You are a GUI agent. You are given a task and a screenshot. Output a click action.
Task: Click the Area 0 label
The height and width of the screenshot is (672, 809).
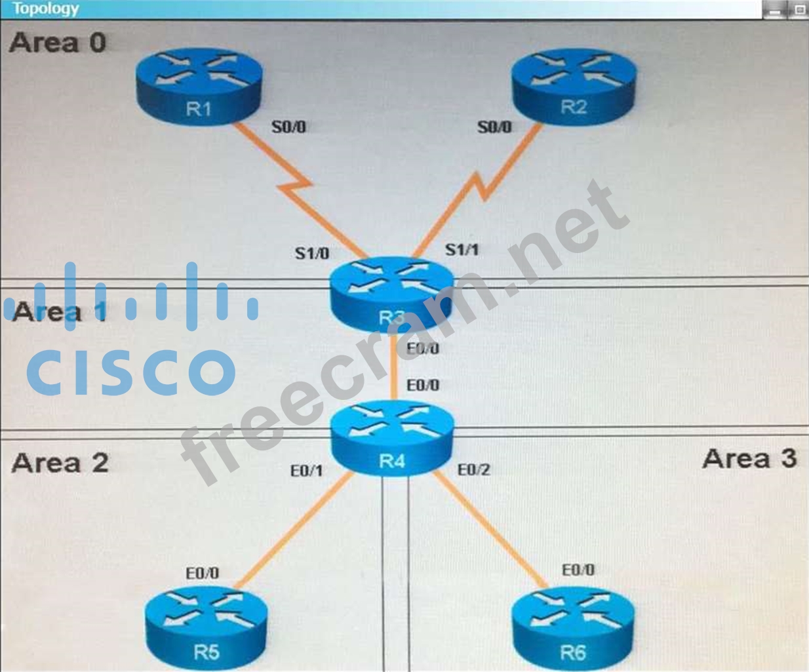coord(58,43)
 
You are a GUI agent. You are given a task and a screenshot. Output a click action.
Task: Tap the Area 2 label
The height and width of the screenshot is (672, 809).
coord(60,463)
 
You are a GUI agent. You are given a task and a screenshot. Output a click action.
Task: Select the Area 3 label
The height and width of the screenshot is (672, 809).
coord(749,459)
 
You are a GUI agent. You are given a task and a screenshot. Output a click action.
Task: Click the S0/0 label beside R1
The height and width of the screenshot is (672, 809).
coord(288,127)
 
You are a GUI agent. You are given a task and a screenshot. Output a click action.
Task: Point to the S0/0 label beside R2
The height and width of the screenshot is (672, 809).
coord(494,127)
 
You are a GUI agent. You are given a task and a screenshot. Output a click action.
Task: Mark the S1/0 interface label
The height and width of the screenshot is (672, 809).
coord(312,253)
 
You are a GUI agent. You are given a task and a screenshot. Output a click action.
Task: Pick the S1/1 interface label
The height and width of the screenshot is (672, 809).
coord(462,250)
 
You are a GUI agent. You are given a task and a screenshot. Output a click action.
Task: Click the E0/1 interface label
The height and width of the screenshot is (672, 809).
coord(306,471)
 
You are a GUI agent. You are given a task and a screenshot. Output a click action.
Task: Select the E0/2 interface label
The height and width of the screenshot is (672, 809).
coord(473,470)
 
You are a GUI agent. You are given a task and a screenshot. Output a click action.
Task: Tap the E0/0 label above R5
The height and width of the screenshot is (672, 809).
coord(202,573)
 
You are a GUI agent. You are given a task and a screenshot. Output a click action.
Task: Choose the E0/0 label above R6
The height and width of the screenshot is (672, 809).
coord(578,570)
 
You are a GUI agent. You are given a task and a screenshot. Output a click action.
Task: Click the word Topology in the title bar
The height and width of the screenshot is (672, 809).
coord(45,9)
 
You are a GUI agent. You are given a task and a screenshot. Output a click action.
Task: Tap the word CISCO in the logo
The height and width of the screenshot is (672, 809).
coord(131,372)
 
